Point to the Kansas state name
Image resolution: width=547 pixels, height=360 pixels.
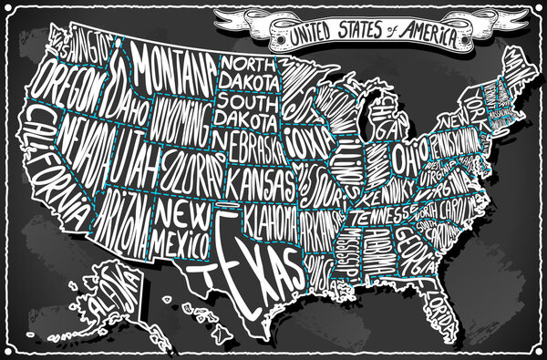pos(260,182)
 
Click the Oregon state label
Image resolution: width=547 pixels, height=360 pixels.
pos(68,87)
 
